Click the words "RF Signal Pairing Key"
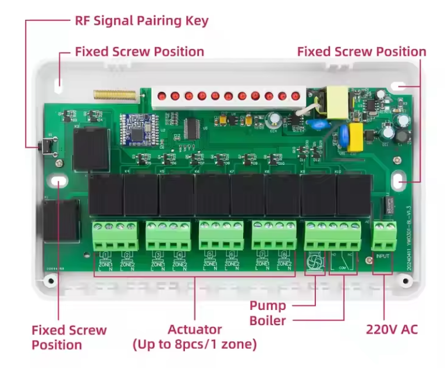[141, 21]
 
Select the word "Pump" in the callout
[268, 306]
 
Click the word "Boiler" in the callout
[268, 321]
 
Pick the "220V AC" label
[391, 330]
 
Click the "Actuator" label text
[195, 330]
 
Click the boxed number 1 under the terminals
[105, 254]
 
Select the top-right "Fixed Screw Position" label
[361, 52]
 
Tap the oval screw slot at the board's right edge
[398, 182]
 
